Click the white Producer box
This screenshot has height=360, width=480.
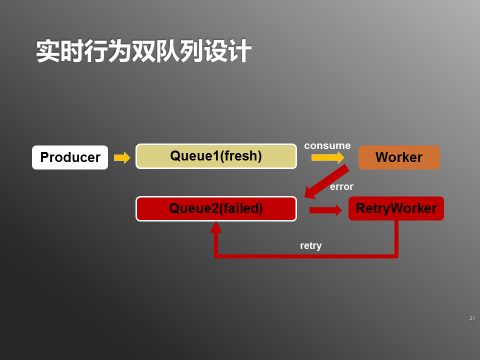70,158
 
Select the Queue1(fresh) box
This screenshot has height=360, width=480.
215,157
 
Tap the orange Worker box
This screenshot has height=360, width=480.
398,158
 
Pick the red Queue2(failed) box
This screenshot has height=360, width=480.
215,209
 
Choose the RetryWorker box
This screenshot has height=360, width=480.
396,209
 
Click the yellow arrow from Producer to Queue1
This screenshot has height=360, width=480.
122,158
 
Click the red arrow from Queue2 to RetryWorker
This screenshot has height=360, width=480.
325,210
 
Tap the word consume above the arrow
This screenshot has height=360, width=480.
327,145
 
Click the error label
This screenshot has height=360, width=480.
341,187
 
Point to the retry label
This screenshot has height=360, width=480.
311,245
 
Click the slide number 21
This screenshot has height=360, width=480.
471,317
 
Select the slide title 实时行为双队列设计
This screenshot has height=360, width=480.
142,50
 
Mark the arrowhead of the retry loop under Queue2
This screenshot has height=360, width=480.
215,228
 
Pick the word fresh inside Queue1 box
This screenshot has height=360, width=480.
239,157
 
